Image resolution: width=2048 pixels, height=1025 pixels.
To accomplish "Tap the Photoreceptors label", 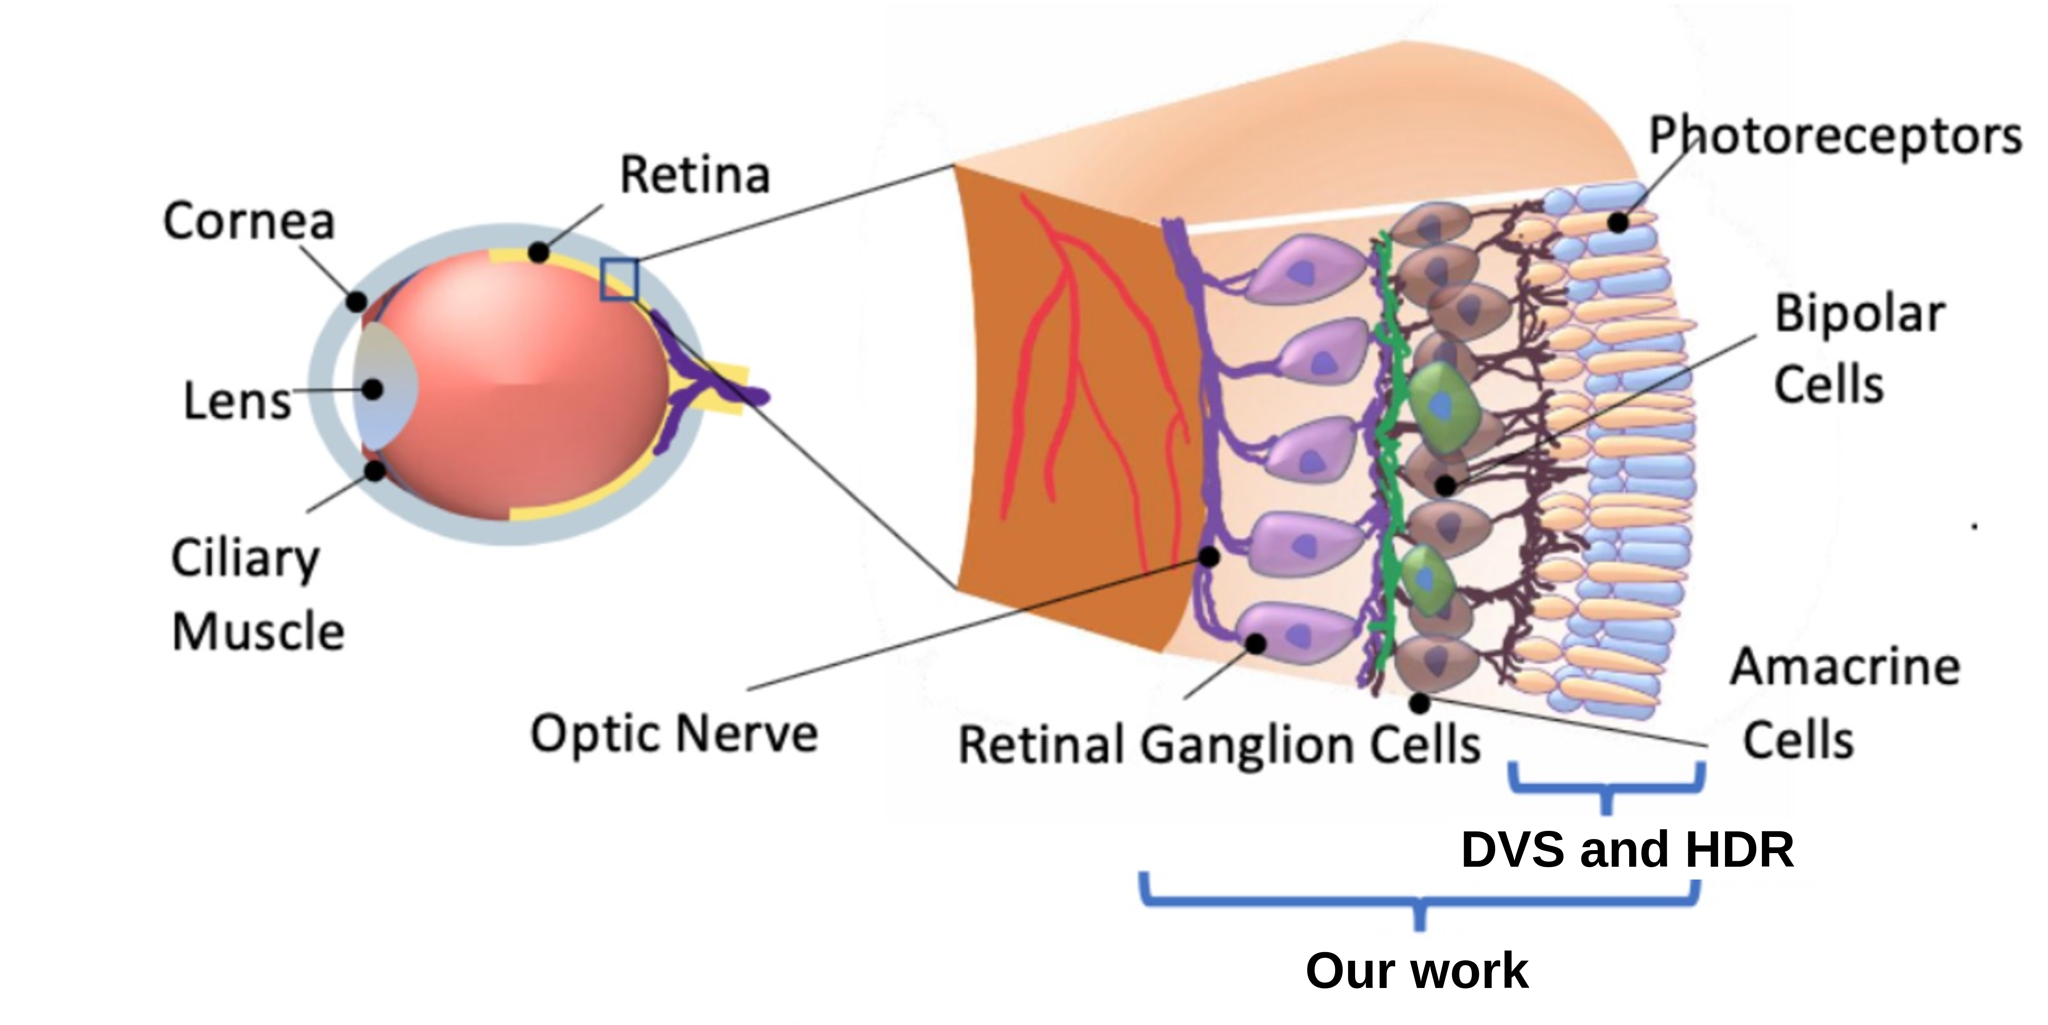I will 1835,136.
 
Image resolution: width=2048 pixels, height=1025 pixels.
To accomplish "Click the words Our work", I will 1417,971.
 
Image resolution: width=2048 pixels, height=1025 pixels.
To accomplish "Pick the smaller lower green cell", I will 1425,580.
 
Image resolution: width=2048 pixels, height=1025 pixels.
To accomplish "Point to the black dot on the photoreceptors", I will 1617,223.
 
